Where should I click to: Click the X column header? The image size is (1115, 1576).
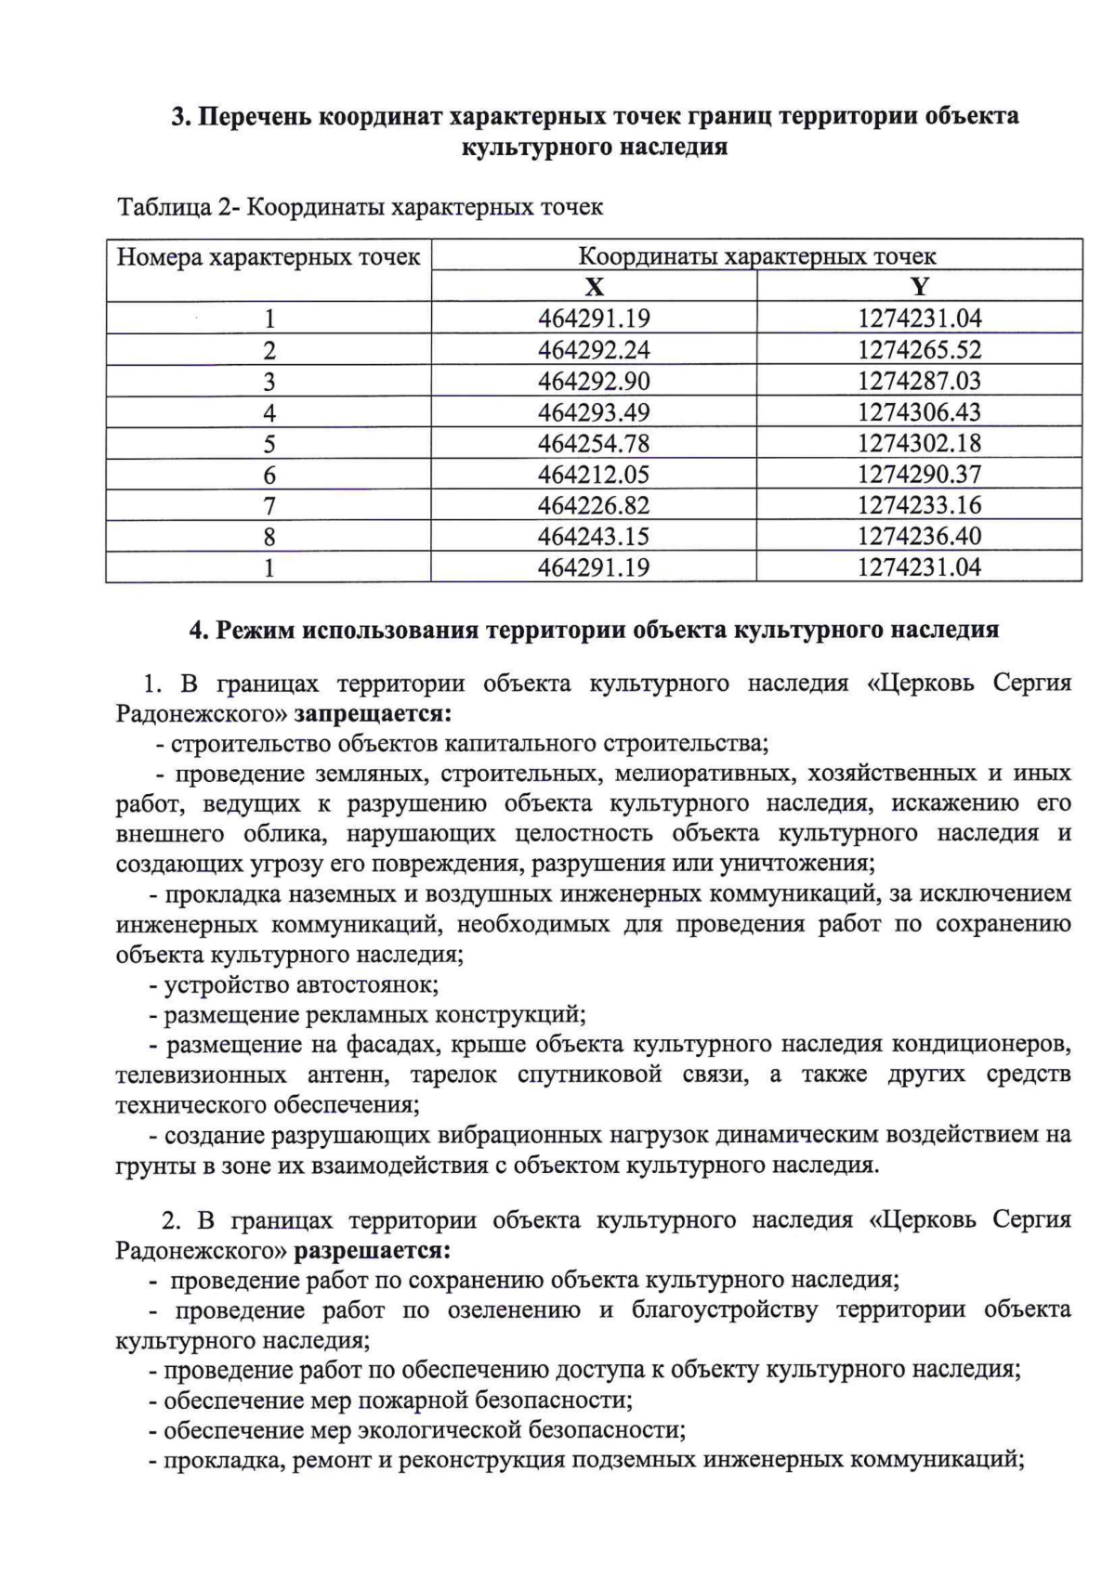pyautogui.click(x=594, y=286)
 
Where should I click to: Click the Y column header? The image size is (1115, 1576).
pyautogui.click(x=919, y=286)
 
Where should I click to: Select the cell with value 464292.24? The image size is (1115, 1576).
pyautogui.click(x=594, y=350)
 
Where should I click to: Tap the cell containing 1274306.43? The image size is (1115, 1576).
pyautogui.click(x=919, y=412)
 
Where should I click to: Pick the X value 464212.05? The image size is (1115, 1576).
pyautogui.click(x=594, y=475)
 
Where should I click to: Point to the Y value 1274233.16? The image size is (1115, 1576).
pyautogui.click(x=919, y=505)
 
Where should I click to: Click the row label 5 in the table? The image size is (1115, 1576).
pyautogui.click(x=269, y=444)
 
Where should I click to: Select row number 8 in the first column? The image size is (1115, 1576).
pyautogui.click(x=269, y=537)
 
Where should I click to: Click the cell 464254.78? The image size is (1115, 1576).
pyautogui.click(x=594, y=444)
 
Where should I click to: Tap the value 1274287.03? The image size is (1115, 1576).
pyautogui.click(x=919, y=381)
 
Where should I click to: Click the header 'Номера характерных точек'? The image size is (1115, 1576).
pyautogui.click(x=269, y=256)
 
